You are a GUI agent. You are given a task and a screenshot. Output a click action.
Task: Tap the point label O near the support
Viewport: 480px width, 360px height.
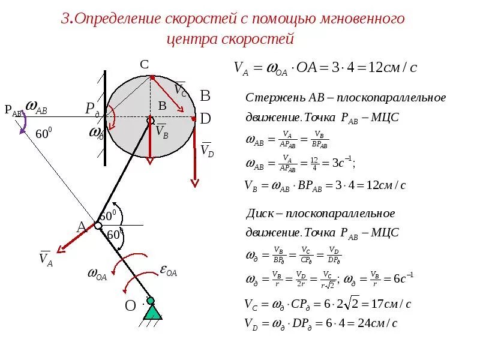coord(130,306)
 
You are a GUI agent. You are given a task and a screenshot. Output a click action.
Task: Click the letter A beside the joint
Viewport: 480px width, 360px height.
coord(82,227)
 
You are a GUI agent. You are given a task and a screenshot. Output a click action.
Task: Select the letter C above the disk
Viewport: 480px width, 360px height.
coord(145,64)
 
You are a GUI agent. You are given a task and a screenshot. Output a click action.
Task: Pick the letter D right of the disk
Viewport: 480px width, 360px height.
coord(205,119)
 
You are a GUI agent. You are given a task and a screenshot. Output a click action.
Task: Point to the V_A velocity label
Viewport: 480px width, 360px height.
coord(46,258)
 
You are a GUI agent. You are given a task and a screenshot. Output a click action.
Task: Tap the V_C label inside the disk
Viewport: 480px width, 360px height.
coord(180,89)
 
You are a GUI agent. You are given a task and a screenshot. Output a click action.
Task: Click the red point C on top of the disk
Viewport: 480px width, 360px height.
coord(152,77)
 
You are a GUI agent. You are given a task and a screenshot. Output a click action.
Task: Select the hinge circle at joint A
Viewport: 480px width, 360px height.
coord(98,226)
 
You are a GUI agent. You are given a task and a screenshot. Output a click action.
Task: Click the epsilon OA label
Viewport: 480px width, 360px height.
coord(168,271)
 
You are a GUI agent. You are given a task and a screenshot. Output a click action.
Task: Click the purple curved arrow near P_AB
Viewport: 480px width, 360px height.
coord(23,123)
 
